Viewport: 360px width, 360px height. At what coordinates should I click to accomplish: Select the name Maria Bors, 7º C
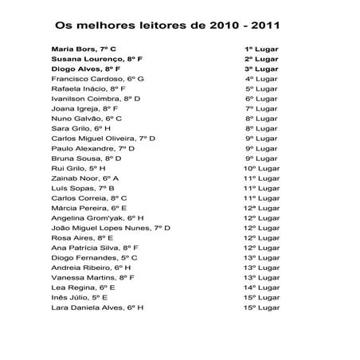click(x=84, y=49)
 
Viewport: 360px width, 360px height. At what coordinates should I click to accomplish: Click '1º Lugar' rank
click(x=260, y=49)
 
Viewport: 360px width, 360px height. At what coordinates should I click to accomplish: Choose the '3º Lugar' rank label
click(x=260, y=69)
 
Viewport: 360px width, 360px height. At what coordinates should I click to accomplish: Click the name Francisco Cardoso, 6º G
click(x=97, y=79)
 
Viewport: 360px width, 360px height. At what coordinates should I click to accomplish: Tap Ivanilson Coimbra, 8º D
click(x=96, y=99)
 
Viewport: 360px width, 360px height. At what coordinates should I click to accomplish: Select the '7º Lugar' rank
click(x=260, y=108)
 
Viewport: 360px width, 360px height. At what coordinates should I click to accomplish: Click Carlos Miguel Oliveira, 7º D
click(x=103, y=139)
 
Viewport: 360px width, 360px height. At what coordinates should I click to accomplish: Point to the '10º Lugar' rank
click(x=260, y=168)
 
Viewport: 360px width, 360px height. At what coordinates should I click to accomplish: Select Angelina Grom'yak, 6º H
click(x=97, y=217)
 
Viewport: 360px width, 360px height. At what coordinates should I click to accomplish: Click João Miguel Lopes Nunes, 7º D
click(x=111, y=228)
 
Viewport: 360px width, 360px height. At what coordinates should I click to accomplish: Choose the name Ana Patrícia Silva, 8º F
click(x=95, y=248)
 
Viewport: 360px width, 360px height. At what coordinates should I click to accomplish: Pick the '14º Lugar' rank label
click(x=260, y=287)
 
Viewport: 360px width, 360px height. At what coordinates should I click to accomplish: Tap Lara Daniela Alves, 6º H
click(x=97, y=307)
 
